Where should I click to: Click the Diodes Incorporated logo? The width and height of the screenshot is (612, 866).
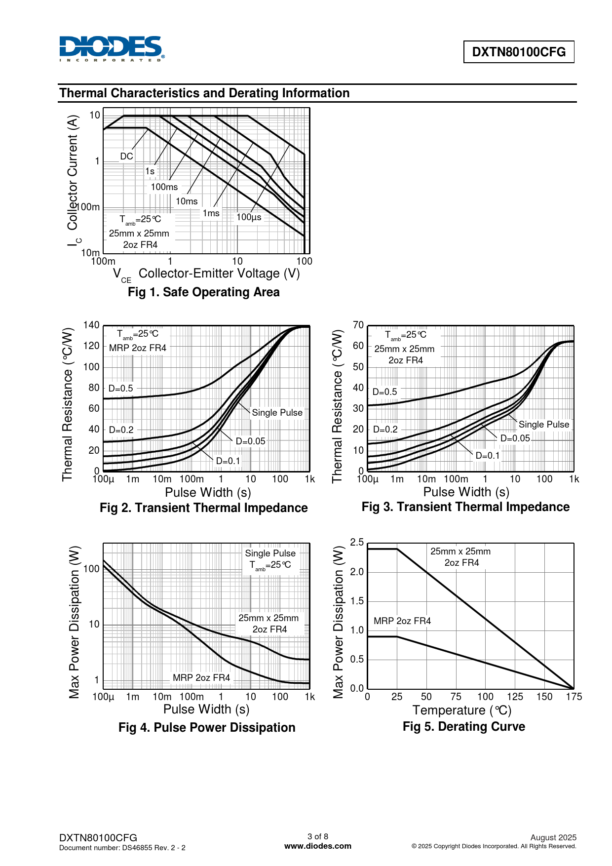112,48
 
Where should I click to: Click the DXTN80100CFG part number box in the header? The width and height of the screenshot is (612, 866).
519,52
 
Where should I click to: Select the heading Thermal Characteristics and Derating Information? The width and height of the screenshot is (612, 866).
204,93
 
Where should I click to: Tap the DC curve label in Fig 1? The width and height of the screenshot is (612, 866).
126,157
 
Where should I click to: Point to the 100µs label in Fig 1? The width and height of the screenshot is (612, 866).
249,217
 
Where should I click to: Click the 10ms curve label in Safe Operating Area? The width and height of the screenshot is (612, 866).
187,201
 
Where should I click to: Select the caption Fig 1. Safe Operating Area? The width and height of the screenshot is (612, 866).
203,292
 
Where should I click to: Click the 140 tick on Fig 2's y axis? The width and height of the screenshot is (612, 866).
91,325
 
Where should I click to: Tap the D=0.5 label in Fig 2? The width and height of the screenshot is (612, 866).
121,389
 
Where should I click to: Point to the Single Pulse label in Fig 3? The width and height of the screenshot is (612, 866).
544,425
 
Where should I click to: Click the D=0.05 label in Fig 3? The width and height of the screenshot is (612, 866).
515,438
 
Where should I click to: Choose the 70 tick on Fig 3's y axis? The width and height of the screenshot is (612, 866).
358,325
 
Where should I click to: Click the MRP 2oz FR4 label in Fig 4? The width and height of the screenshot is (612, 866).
201,678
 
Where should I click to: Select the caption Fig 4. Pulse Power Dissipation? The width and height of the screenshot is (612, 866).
207,728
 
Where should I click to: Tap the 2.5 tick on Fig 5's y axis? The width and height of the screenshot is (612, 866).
357,543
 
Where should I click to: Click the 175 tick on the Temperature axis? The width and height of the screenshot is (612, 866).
574,697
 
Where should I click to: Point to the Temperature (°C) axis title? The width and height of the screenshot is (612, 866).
462,710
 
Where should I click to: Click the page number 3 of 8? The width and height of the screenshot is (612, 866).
318,836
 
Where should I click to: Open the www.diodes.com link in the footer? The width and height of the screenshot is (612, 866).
318,846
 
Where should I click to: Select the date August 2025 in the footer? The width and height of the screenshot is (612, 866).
553,837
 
